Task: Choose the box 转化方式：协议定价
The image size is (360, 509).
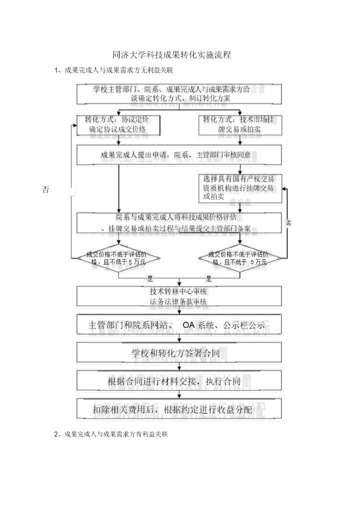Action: [x=118, y=124]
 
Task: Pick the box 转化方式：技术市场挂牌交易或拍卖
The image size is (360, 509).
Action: [x=240, y=124]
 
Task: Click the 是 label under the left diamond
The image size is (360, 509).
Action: [x=149, y=278]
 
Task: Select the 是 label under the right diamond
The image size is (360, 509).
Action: [x=208, y=278]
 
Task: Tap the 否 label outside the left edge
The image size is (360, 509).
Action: [x=45, y=189]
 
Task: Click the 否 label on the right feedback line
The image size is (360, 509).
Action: [x=288, y=223]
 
